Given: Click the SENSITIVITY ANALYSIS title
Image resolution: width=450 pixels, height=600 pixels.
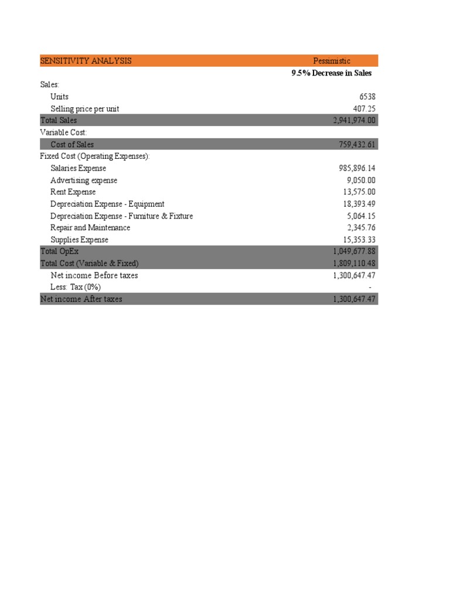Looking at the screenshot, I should (86, 61).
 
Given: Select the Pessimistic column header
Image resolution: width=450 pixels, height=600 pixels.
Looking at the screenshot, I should (332, 61).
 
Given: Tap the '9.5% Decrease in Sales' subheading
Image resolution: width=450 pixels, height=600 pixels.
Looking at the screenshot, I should (331, 73).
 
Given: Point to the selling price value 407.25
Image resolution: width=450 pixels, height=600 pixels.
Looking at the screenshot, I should (363, 109).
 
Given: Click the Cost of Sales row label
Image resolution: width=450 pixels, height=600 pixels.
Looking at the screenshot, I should (72, 145).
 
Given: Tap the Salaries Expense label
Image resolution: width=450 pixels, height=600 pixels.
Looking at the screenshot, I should (79, 169).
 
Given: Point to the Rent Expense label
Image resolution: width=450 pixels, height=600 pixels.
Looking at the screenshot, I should (73, 192).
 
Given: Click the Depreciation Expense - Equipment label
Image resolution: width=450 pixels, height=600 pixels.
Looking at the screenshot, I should (107, 204).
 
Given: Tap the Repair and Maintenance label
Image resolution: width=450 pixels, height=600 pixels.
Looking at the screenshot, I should (90, 228).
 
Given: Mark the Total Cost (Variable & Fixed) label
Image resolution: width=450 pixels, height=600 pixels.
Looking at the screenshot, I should (89, 264).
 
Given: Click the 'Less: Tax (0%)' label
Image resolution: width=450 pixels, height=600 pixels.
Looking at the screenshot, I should (76, 287).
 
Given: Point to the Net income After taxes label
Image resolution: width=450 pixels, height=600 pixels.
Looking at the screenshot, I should (81, 299).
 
